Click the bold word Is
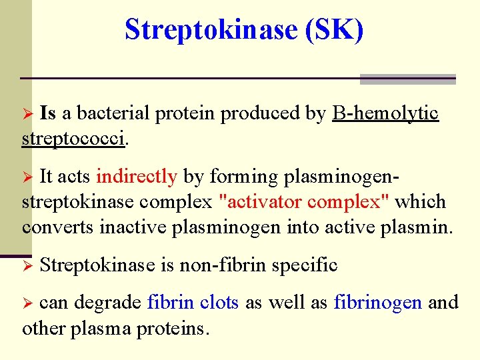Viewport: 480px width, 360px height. [x=48, y=113]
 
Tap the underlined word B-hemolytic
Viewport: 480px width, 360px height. [x=385, y=113]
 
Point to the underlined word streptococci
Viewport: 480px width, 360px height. [x=73, y=139]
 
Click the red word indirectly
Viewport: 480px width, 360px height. [x=137, y=177]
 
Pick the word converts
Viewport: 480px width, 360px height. [x=59, y=227]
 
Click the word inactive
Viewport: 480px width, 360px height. [x=134, y=227]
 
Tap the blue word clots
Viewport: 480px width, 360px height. [x=220, y=303]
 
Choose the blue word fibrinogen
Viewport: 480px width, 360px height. [x=377, y=303]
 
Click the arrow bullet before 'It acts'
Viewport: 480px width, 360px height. [x=28, y=177]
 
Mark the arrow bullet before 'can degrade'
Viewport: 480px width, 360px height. [x=28, y=303]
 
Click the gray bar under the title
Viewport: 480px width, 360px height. [x=407, y=79]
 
